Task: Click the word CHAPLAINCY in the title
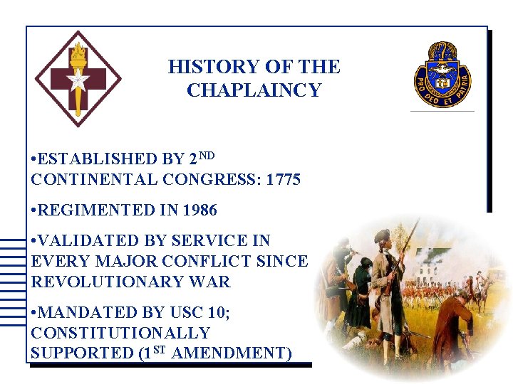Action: (254, 90)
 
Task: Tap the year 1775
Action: (283, 180)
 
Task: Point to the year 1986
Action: (199, 210)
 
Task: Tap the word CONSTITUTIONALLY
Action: (120, 333)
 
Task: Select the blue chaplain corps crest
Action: (442, 74)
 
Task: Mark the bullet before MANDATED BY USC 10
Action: (35, 313)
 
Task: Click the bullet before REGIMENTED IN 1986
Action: (35, 211)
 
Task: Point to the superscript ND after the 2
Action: (207, 154)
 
